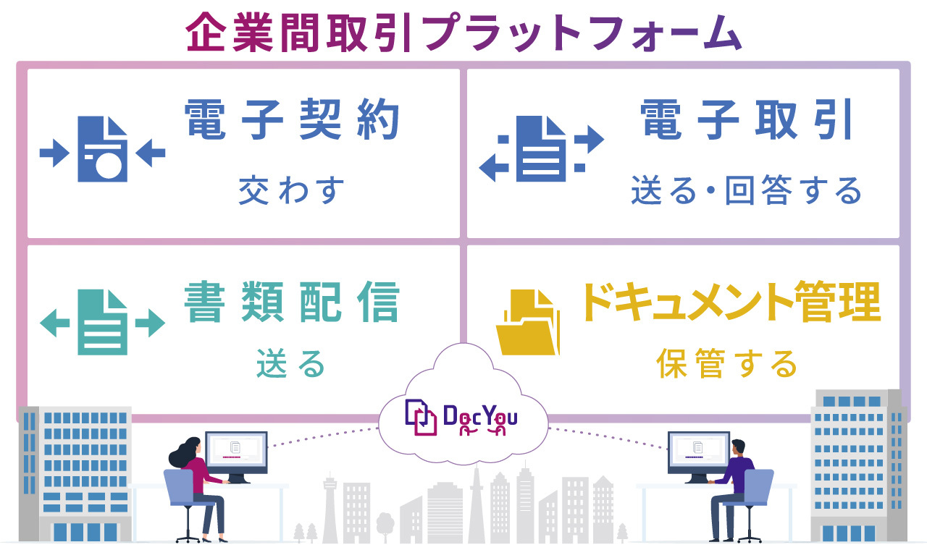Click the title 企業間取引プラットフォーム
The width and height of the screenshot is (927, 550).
point(463,33)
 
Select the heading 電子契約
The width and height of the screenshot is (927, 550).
point(292,119)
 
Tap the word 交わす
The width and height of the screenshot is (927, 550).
point(291,190)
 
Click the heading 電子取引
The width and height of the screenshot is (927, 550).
point(745,119)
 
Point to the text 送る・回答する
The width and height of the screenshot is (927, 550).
point(746,190)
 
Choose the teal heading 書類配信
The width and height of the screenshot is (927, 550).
point(292,302)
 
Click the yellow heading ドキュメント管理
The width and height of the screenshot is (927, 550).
point(731,301)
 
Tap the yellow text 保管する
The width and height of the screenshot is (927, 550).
point(726,363)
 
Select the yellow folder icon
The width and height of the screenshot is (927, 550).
point(528,322)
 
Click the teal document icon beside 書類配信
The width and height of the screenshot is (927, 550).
point(102,322)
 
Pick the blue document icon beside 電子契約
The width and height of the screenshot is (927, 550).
point(102,149)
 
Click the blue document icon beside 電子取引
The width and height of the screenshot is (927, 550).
point(541,149)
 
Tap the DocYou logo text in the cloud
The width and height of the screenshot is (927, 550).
point(480,418)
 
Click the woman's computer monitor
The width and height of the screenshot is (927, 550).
point(236,452)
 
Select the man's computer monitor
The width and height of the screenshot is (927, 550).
point(699,452)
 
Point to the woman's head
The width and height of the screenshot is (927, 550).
point(191,448)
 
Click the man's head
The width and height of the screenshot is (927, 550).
point(738,447)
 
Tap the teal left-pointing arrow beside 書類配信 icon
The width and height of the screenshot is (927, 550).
point(54,323)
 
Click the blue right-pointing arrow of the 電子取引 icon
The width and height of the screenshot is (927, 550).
point(590,140)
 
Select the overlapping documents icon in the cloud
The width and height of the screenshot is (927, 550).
point(421,418)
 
